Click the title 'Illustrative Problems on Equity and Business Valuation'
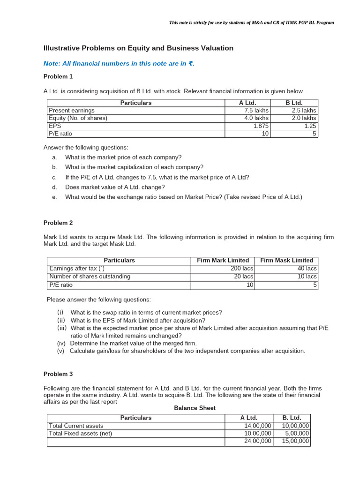click(138, 48)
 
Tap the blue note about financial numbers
click(119, 64)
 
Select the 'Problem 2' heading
click(58, 223)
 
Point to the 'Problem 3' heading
click(58, 374)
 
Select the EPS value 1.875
click(260, 126)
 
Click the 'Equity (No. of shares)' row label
click(78, 118)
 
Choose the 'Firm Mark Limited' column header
click(223, 260)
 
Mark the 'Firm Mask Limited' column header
click(286, 260)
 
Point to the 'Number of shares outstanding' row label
click(90, 277)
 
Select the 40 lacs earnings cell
click(307, 269)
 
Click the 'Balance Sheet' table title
click(195, 408)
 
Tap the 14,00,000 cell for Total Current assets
click(258, 426)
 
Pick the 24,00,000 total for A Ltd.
click(258, 441)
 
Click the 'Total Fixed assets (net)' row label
click(81, 434)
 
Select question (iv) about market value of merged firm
click(133, 343)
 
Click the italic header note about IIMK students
click(251, 22)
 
